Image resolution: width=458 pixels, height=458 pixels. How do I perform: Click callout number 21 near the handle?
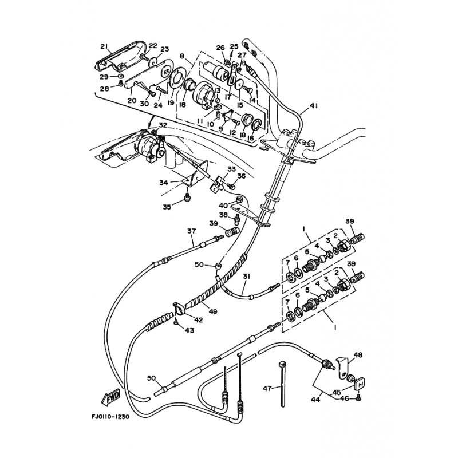(104, 46)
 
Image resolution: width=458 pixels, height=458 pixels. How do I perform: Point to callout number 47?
(266, 388)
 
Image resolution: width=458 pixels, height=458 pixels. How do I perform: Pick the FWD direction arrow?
(113, 396)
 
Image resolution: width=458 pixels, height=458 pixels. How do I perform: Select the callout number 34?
(163, 183)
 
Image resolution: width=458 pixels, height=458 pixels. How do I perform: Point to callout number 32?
(163, 125)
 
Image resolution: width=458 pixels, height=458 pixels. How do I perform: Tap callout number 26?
(220, 48)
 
